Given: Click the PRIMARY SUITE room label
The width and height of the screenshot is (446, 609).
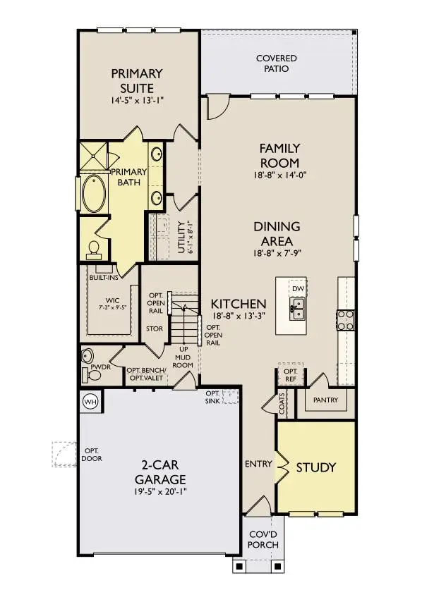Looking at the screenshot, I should (137, 80).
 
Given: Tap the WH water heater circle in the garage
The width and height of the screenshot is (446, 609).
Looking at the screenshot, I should (90, 401).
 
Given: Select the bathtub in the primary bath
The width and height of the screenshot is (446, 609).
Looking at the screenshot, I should (92, 194).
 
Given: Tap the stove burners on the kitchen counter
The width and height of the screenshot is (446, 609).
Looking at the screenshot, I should (346, 320).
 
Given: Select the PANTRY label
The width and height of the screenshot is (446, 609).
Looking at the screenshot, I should (325, 400).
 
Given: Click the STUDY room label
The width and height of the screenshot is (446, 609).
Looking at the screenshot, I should (315, 467).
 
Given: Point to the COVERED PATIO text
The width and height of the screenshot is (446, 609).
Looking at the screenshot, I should (276, 63).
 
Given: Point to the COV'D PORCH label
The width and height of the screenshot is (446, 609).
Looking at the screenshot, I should (264, 539).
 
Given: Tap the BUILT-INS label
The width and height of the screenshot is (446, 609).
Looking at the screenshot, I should (102, 278).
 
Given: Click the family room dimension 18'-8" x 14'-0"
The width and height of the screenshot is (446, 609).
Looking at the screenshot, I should (279, 175).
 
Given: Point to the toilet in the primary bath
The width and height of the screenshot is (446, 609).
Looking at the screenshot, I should (93, 248).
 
